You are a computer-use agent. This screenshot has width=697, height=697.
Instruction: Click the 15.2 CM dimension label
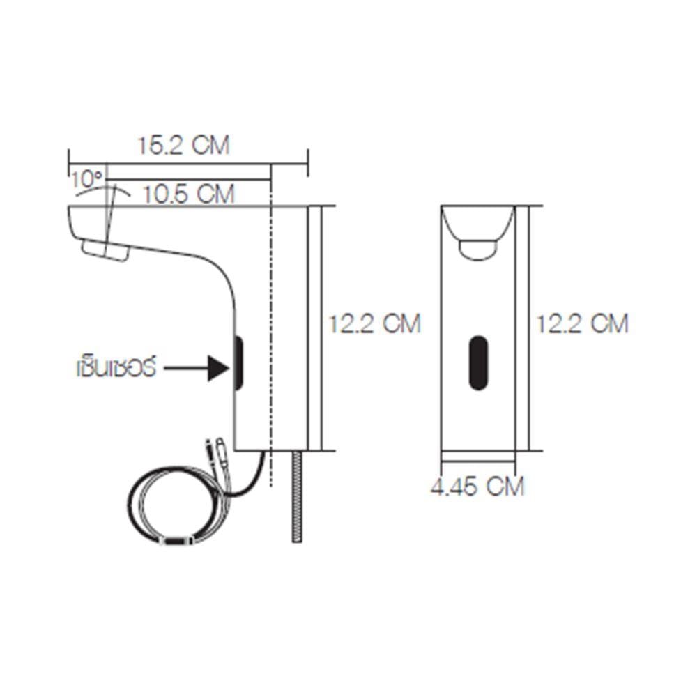[183, 146]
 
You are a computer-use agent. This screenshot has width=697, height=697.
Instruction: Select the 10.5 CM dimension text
[188, 194]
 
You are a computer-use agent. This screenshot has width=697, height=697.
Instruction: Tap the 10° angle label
[87, 179]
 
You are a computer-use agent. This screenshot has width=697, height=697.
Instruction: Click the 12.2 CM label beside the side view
[374, 323]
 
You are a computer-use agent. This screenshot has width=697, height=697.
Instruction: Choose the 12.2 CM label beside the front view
[582, 323]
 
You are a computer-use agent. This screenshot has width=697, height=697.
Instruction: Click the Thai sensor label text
[116, 368]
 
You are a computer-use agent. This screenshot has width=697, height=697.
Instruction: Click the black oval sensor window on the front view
[478, 362]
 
